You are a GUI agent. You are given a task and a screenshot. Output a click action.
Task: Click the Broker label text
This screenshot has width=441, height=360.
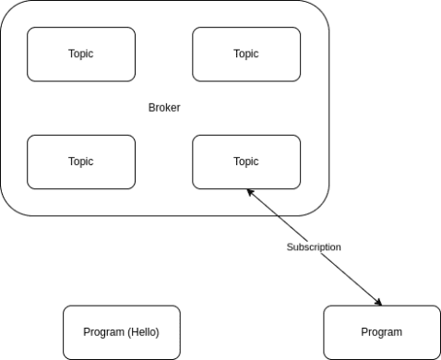point(164,107)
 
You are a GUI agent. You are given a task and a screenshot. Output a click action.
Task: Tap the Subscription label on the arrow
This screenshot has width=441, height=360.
point(314,247)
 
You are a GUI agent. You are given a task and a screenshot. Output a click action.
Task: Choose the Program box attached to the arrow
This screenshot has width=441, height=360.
point(381,332)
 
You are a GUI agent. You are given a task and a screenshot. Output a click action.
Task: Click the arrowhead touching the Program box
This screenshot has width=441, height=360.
point(379,303)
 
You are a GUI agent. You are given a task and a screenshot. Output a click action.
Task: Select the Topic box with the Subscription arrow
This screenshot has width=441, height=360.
point(246,162)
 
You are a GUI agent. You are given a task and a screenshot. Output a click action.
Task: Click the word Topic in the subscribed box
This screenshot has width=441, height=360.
point(246,162)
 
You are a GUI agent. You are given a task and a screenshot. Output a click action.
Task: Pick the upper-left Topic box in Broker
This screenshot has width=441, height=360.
point(81,54)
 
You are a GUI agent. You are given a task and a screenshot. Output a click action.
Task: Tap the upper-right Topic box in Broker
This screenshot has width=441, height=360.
point(246,54)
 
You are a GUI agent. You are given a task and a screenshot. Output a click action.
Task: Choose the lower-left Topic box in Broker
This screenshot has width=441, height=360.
point(81,162)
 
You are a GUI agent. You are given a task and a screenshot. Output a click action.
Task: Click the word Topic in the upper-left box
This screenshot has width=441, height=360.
point(81,54)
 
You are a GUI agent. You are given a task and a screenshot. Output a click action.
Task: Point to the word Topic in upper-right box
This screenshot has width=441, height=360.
point(246,54)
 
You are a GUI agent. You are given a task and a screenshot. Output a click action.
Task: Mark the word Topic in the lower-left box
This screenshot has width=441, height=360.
point(81,162)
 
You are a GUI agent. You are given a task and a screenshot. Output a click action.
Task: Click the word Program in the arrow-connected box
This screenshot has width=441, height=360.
point(381,332)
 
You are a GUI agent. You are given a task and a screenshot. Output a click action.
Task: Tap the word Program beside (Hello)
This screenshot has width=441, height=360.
point(102,332)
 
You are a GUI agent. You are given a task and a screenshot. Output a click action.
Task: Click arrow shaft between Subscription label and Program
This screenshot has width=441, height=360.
point(351,278)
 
